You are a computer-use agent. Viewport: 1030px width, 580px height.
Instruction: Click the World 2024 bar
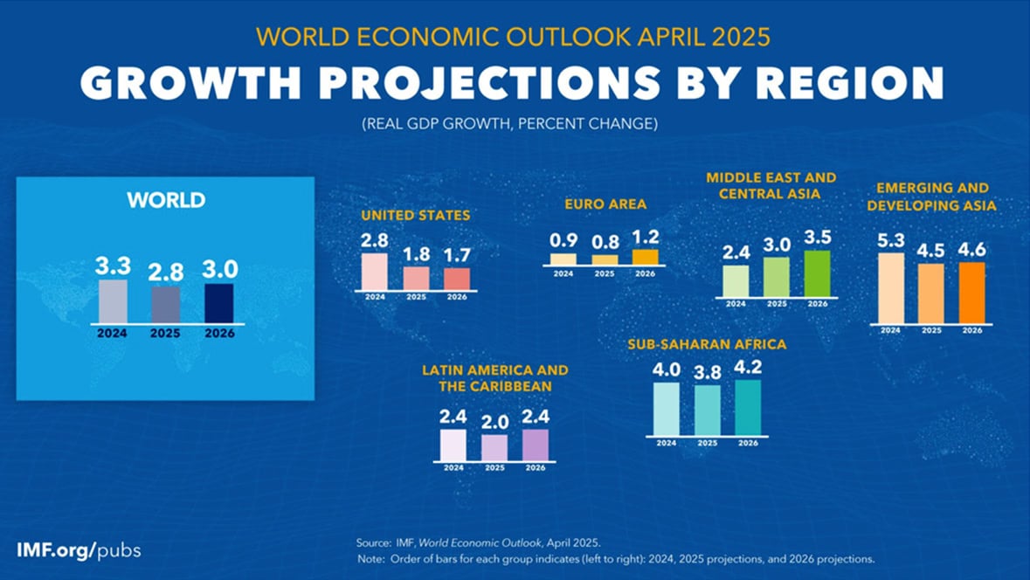pos(113,301)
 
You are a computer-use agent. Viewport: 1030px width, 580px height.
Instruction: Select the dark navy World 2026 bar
pos(218,303)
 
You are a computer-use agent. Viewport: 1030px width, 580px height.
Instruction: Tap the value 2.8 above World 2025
pos(166,271)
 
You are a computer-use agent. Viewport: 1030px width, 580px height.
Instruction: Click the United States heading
pos(416,215)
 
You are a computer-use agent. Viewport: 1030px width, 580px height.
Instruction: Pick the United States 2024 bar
pos(374,272)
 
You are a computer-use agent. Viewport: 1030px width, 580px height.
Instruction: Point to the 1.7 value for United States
pos(456,254)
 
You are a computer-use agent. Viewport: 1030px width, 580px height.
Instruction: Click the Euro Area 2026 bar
pos(646,257)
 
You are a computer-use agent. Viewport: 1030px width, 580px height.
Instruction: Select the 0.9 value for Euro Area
pos(563,238)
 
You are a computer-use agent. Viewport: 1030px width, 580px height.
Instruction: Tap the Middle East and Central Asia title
pos(771,185)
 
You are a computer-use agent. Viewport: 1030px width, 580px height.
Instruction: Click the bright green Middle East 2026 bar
pos(817,273)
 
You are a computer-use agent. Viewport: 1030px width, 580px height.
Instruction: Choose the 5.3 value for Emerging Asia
pos(890,238)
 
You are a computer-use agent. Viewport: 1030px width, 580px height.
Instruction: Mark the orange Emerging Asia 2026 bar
pos(971,293)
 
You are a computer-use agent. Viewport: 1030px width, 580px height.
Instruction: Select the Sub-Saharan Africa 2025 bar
pos(708,410)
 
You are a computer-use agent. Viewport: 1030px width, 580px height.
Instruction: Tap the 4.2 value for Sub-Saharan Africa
pos(748,365)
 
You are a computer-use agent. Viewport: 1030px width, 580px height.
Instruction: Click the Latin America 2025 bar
pos(494,447)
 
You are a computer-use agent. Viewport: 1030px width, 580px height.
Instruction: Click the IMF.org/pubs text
pos(79,550)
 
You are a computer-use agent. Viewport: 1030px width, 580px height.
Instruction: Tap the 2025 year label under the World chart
pos(166,333)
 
